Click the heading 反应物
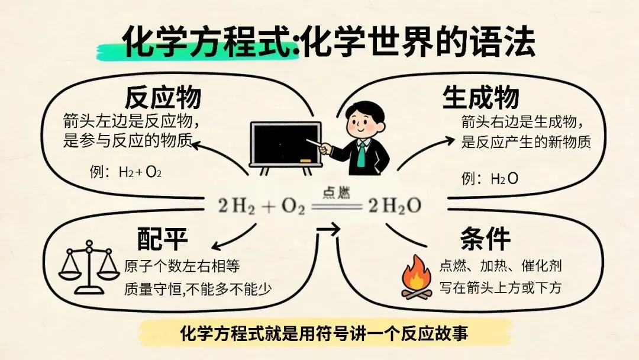[x=163, y=97]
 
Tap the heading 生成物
[x=481, y=97]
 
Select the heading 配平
[x=162, y=239]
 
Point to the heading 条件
[x=485, y=239]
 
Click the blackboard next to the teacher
[x=286, y=144]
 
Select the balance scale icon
[x=89, y=267]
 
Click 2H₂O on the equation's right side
[x=395, y=206]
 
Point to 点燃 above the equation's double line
[x=336, y=193]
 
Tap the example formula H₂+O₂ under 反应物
[x=140, y=172]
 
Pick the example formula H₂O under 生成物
[x=505, y=179]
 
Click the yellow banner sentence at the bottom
[x=324, y=333]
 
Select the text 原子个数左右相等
[x=182, y=266]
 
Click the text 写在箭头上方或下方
[x=501, y=287]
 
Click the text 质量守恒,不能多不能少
[x=198, y=290]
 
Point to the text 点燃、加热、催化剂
[x=501, y=266]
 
